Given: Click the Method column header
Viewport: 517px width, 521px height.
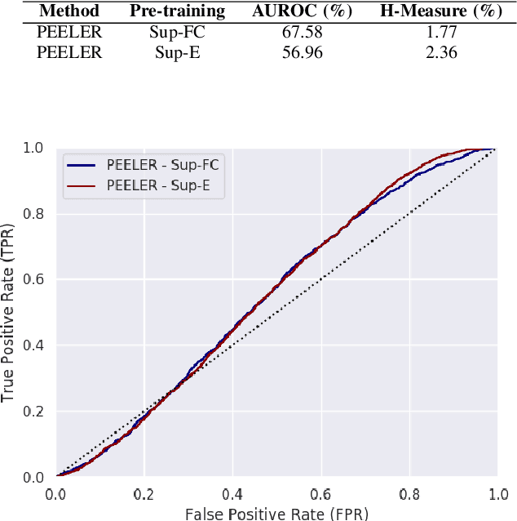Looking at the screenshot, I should click(x=68, y=12).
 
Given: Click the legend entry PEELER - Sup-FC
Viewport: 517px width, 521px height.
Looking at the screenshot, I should click(x=162, y=164).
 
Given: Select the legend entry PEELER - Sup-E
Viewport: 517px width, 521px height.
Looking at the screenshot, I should click(x=157, y=185).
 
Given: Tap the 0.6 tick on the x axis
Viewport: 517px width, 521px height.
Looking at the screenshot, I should click(x=320, y=494).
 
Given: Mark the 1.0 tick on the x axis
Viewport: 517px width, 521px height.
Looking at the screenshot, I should click(x=497, y=494).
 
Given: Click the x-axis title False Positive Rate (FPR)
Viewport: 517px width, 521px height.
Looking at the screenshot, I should click(x=276, y=512).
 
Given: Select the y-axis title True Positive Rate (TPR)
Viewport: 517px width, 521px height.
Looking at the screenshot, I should click(x=10, y=312).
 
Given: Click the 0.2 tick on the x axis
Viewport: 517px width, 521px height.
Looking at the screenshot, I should click(x=144, y=494).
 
